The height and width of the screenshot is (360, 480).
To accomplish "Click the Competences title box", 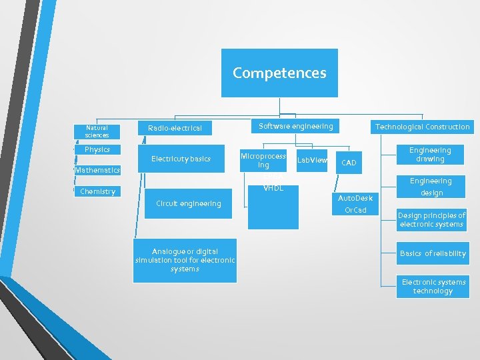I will pyautogui.click(x=280, y=73).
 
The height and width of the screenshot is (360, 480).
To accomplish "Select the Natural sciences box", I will pyautogui.click(x=97, y=131).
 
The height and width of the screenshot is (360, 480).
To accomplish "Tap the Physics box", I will pyautogui.click(x=97, y=149).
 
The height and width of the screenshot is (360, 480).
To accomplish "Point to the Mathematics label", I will pyautogui.click(x=97, y=170).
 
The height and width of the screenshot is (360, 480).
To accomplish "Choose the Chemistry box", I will pyautogui.click(x=97, y=191).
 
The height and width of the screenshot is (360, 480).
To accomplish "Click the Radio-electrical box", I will pyautogui.click(x=175, y=127).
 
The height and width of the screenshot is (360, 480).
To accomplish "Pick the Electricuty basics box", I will pyautogui.click(x=181, y=159).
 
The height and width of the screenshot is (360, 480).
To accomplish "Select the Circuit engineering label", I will pyautogui.click(x=188, y=203).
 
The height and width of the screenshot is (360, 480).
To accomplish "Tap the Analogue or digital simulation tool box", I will pyautogui.click(x=185, y=260).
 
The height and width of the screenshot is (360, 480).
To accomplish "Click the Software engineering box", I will pyautogui.click(x=295, y=126).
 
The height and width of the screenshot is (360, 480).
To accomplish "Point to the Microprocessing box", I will pyautogui.click(x=264, y=160).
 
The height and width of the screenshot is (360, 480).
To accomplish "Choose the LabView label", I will pyautogui.click(x=312, y=160).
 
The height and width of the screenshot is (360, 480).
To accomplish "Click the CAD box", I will pyautogui.click(x=349, y=163).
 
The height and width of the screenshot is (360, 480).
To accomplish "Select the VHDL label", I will pyautogui.click(x=273, y=188).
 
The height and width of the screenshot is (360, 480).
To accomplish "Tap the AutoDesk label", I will pyautogui.click(x=355, y=198).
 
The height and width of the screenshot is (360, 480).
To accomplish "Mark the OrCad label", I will pyautogui.click(x=355, y=210).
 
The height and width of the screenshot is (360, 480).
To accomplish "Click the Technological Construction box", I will pyautogui.click(x=422, y=127).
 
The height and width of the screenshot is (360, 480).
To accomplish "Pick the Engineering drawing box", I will pyautogui.click(x=430, y=155).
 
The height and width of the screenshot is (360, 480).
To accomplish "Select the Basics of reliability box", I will pyautogui.click(x=433, y=253).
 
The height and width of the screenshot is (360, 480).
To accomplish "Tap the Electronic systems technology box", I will pyautogui.click(x=433, y=286).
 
